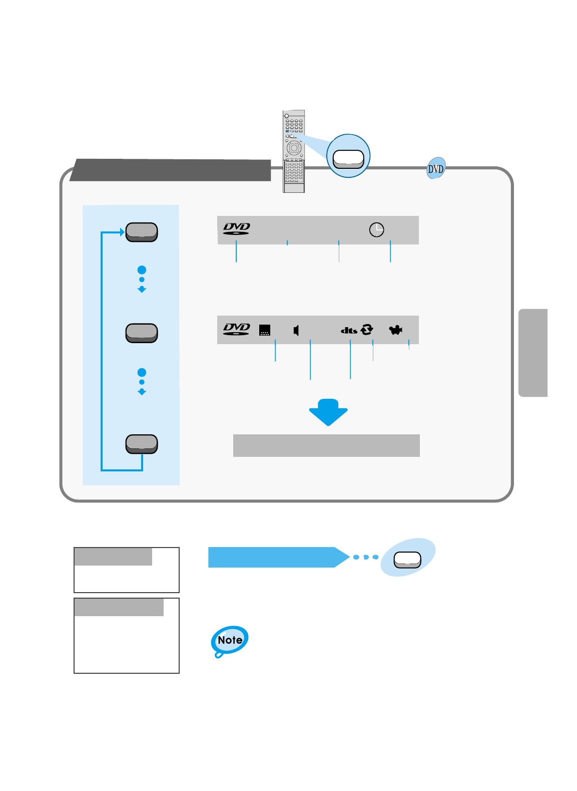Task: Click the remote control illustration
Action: tap(294, 151)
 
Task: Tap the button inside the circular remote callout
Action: tap(348, 159)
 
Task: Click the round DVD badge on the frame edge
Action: tap(436, 169)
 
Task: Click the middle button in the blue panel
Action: tap(142, 333)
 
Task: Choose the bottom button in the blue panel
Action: tap(142, 444)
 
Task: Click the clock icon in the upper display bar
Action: tap(376, 229)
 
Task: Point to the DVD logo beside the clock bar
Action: tap(236, 229)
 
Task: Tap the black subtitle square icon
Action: tap(265, 330)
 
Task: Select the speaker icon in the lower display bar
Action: tap(296, 330)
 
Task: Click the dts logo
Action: tap(349, 330)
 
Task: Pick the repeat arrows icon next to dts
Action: tap(367, 329)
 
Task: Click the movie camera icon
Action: tap(396, 330)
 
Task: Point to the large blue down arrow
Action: tap(328, 412)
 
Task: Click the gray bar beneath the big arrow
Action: tap(326, 445)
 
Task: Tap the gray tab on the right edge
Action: tap(533, 353)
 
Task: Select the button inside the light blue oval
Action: tap(407, 560)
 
